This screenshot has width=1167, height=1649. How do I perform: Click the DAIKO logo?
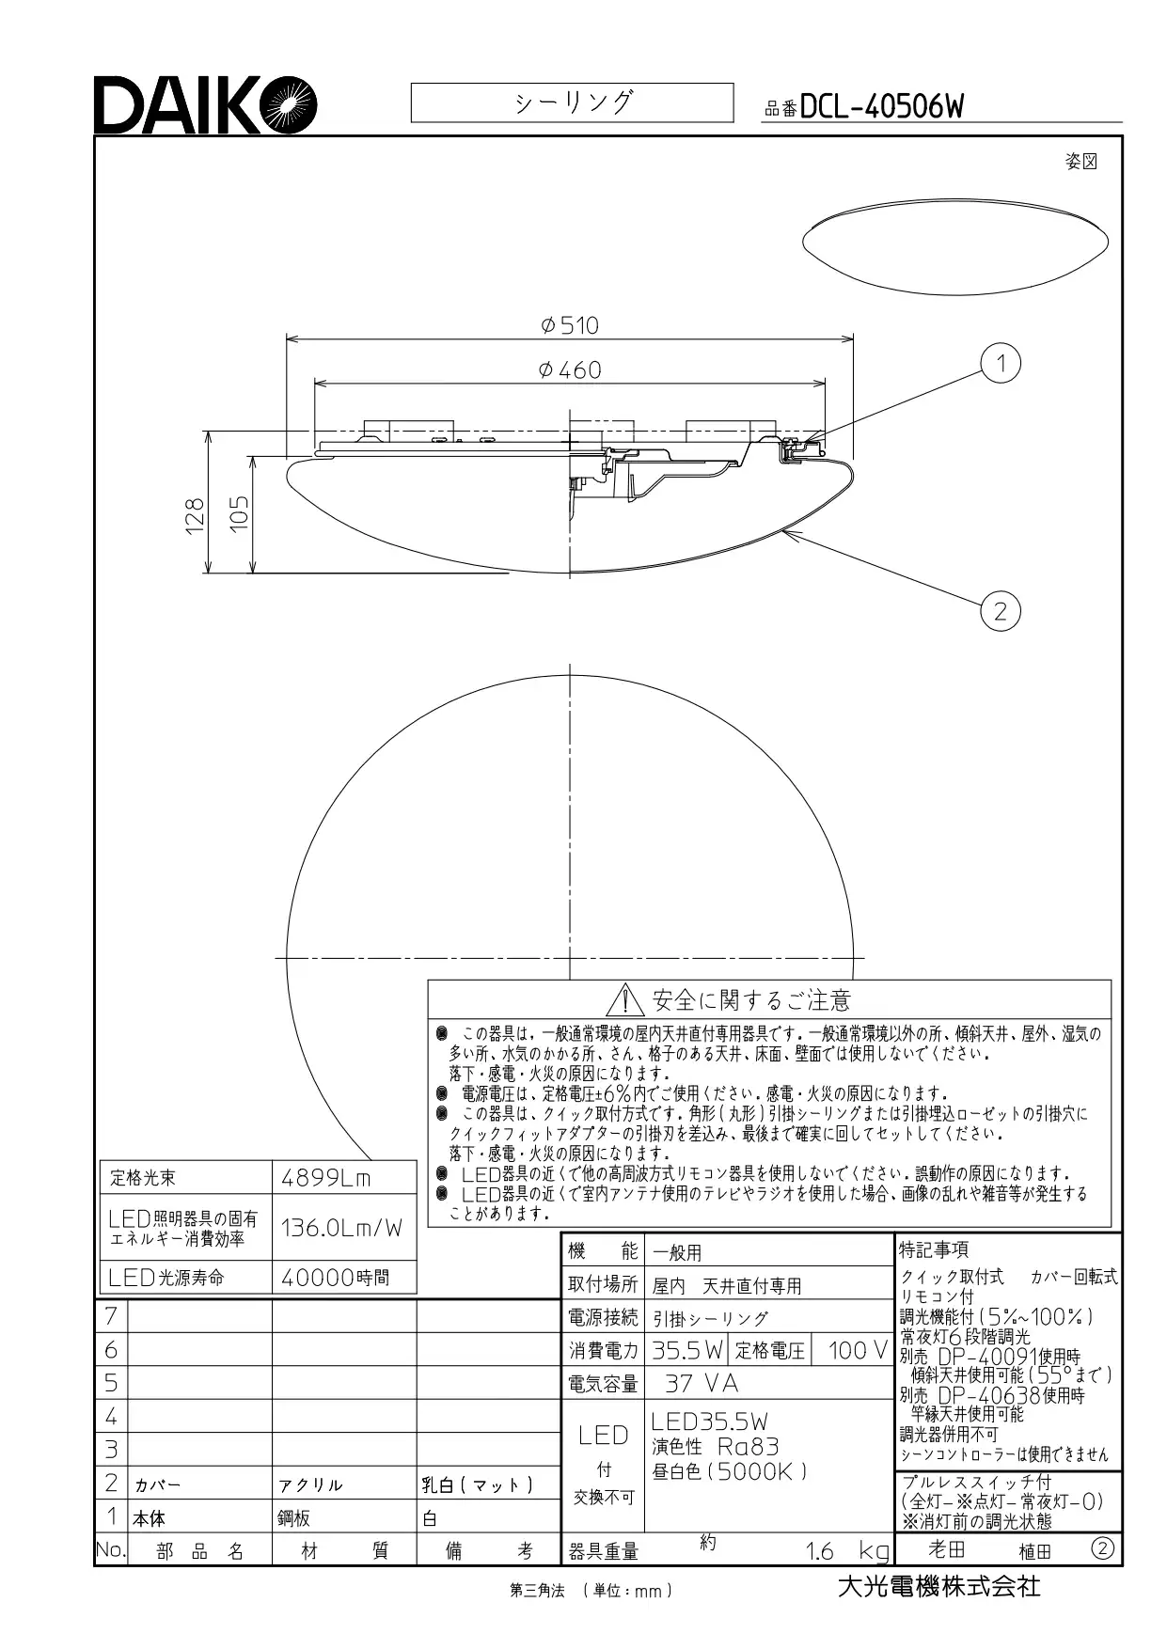coord(204,104)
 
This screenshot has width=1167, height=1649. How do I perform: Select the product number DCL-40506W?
coord(881,107)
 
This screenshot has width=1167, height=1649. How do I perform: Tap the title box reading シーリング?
coord(572,102)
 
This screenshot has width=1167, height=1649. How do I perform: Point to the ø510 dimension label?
coord(570,325)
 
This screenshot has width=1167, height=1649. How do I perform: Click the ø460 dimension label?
coord(570,370)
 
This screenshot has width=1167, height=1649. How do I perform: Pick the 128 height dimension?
coord(194,516)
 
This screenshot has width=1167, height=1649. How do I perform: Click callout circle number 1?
coord(1001,363)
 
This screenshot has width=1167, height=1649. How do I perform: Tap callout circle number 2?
coord(1001,611)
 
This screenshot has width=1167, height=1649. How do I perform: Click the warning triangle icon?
coord(625,999)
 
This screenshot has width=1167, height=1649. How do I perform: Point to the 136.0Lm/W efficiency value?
coord(341,1227)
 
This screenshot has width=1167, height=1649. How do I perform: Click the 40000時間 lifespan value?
coord(336,1278)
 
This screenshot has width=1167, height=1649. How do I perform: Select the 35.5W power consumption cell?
coord(687,1351)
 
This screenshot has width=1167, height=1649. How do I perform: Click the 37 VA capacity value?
coord(702,1384)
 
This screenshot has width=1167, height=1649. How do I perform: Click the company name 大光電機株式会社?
coord(939,1586)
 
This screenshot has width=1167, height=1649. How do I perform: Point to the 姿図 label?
coord(1081,162)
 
